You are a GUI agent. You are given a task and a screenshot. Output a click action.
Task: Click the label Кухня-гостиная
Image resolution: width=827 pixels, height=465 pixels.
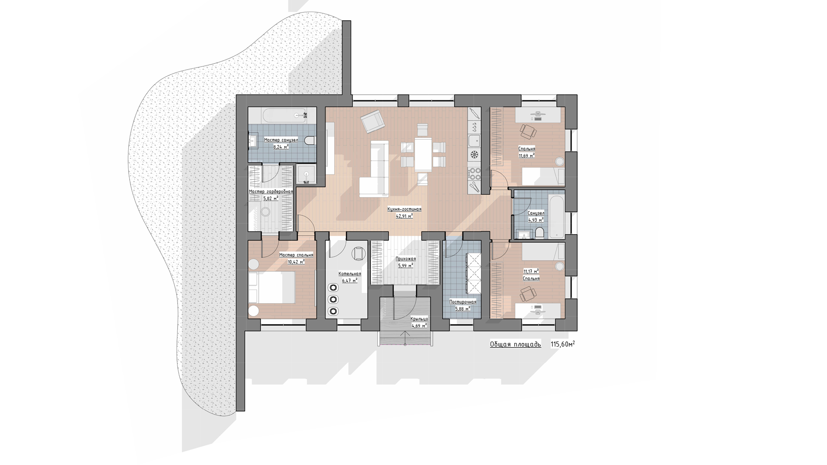[404, 209]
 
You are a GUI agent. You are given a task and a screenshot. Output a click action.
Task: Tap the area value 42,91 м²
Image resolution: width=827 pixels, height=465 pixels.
[404, 216]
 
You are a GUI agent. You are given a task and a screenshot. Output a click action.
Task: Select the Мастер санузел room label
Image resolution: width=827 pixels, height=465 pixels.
[281, 140]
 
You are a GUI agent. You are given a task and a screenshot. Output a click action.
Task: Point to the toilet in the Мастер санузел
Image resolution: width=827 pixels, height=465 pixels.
[310, 140]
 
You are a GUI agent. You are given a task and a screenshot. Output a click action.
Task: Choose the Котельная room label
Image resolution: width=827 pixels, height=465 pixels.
[350, 274]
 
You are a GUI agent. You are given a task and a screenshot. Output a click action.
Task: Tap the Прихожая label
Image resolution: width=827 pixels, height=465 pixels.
[406, 259]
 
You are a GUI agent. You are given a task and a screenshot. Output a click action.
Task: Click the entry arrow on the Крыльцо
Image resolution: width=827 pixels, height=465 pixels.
[405, 338]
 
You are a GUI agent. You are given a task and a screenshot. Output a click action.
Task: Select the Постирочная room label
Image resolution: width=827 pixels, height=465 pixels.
[463, 302]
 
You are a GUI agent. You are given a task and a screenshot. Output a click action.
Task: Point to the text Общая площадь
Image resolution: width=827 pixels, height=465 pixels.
[515, 344]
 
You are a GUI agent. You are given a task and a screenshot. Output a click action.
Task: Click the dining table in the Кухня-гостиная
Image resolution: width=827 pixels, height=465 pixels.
[423, 154]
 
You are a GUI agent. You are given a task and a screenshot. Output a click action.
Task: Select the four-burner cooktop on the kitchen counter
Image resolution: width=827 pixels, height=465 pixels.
[474, 174]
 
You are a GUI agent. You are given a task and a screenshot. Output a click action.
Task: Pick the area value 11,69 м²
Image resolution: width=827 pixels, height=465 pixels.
[526, 155]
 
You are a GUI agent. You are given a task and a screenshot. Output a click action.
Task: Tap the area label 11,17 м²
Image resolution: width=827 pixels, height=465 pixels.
[531, 271]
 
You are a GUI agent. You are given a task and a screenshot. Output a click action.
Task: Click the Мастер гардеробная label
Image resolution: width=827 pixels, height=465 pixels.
[271, 192]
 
